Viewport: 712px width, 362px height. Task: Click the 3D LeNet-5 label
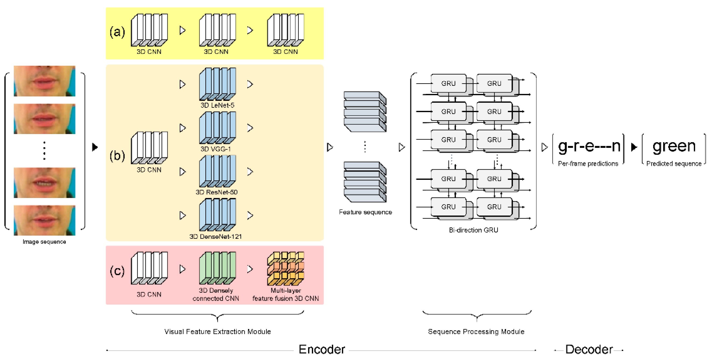(x=217, y=105)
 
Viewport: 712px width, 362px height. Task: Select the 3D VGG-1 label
(x=216, y=149)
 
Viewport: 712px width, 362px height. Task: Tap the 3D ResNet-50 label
(x=216, y=192)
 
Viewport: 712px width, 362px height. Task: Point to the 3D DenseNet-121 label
(x=215, y=236)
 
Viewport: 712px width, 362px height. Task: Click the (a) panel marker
(x=117, y=32)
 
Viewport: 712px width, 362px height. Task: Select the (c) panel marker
(x=117, y=271)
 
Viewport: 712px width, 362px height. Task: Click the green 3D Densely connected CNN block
(x=217, y=268)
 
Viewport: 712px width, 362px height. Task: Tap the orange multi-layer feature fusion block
(x=285, y=268)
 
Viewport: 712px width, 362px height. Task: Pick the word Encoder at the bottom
(x=322, y=350)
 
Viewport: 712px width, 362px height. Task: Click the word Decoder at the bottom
(x=589, y=350)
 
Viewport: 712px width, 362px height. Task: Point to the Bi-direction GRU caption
(x=473, y=230)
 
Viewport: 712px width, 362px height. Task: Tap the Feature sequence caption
(x=365, y=212)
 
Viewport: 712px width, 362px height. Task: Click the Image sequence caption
(x=44, y=242)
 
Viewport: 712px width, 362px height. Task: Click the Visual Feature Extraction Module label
(x=217, y=332)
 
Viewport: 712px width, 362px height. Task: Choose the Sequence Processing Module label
(x=476, y=332)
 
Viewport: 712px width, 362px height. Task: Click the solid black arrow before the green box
(x=634, y=147)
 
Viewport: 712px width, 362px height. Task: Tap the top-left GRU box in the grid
(x=448, y=83)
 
